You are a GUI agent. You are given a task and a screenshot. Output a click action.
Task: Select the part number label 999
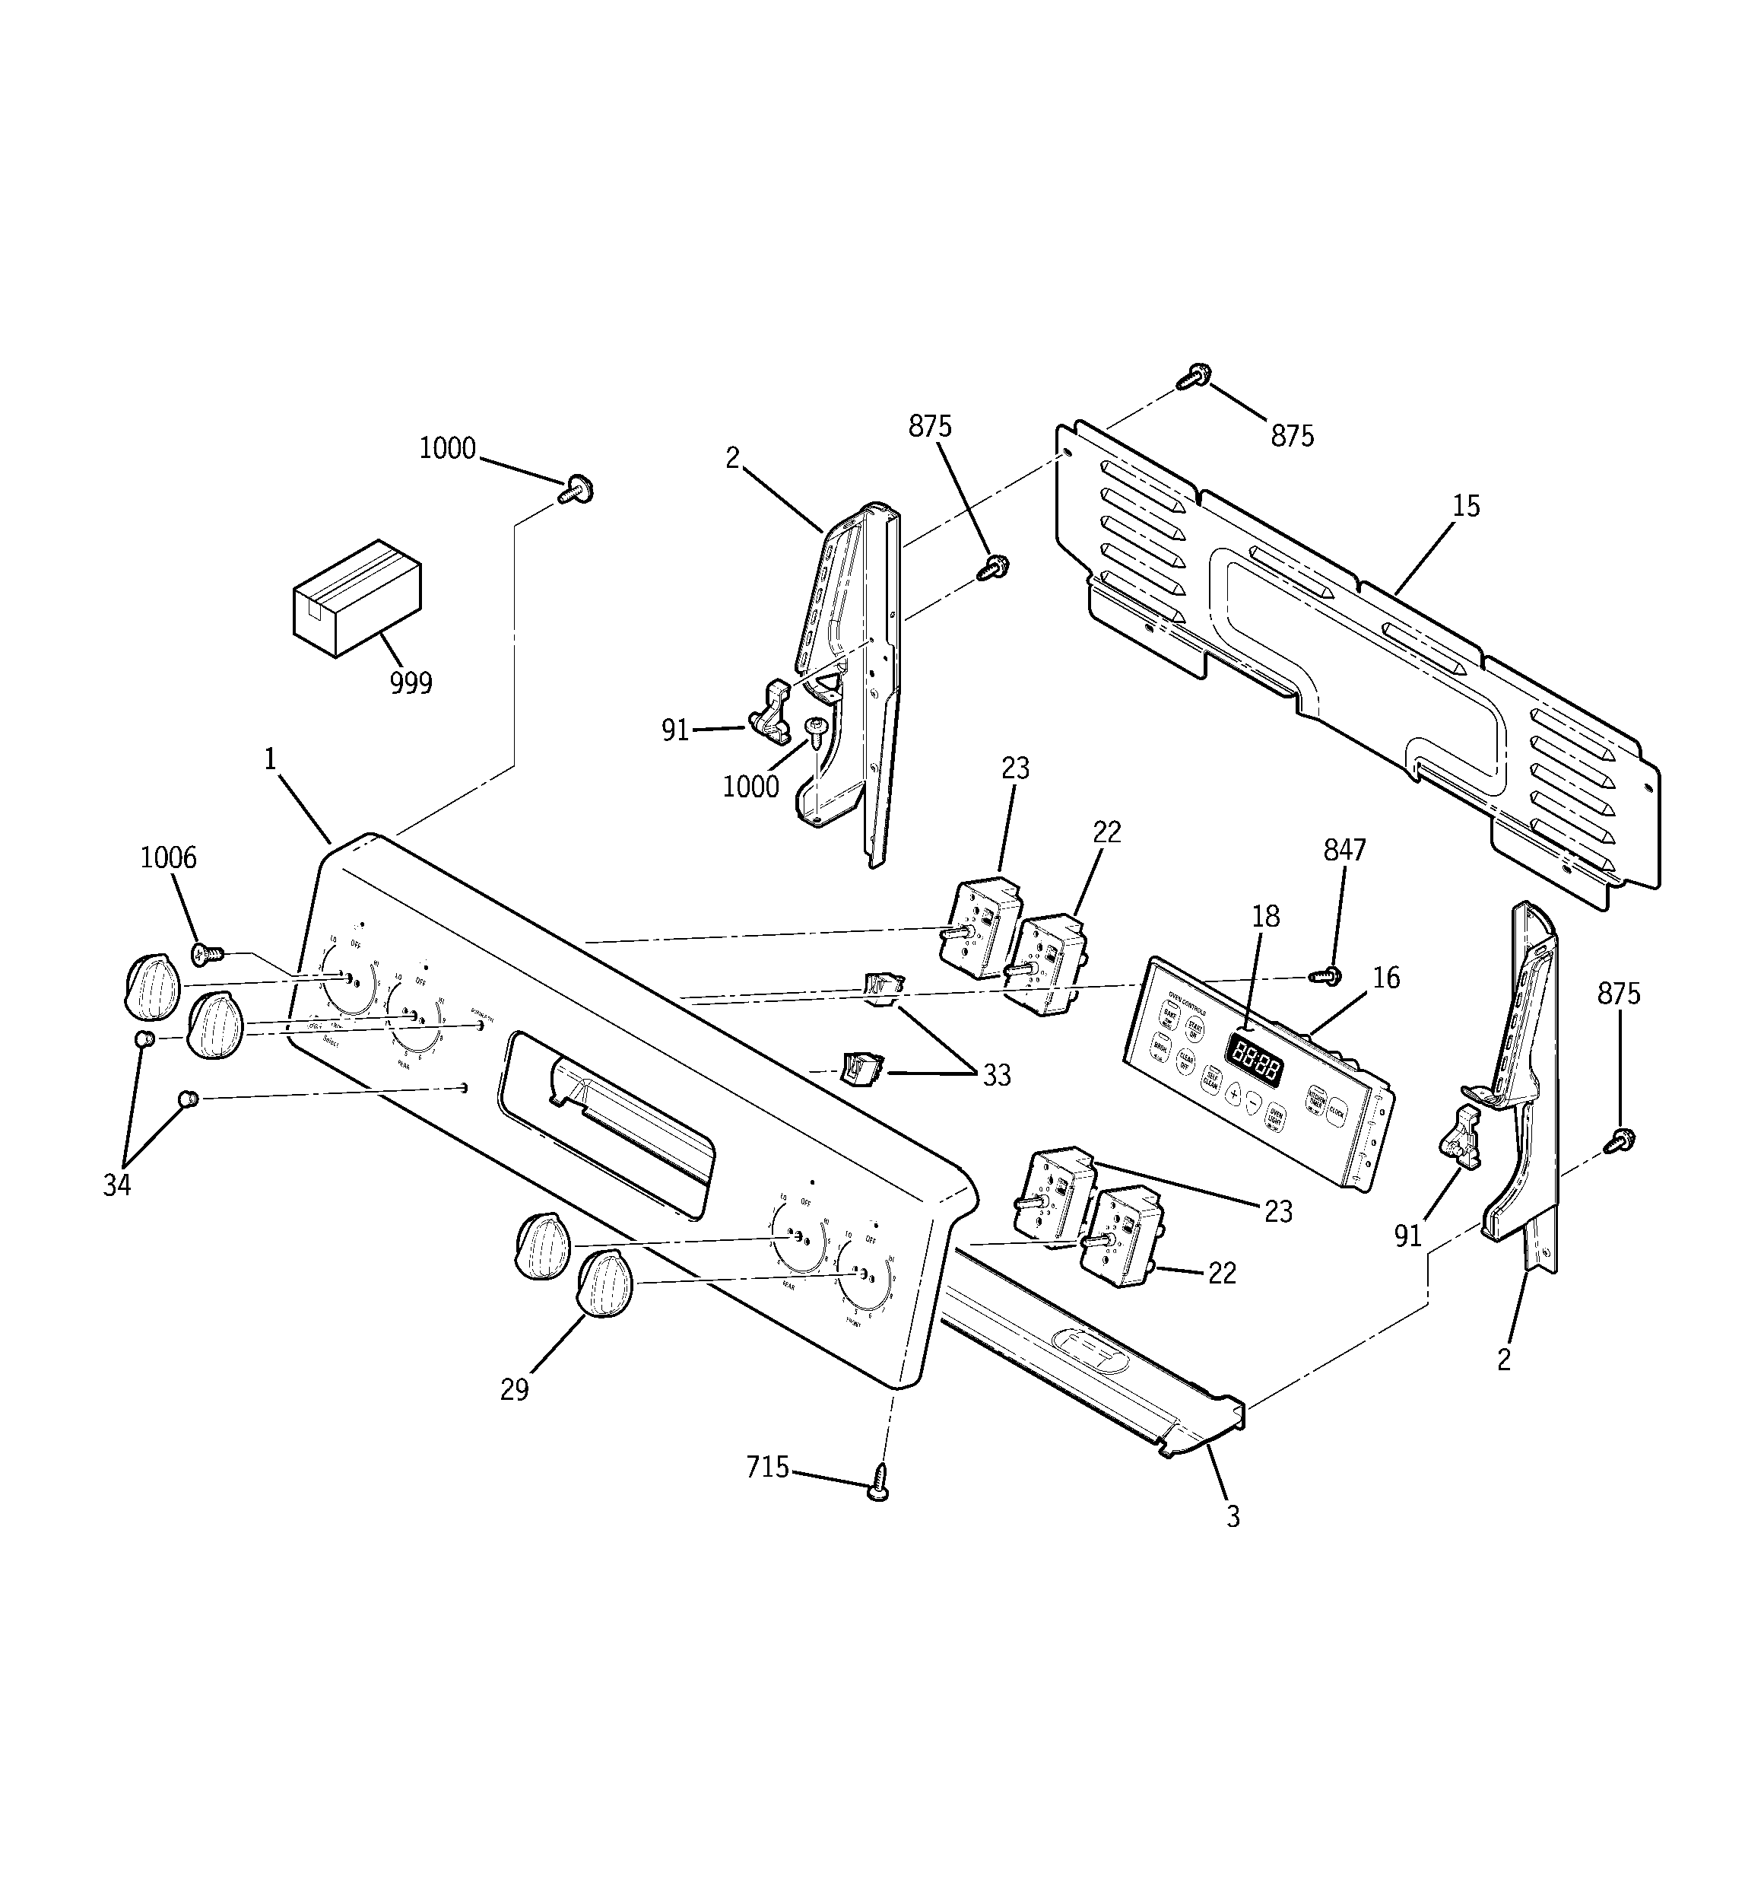(411, 683)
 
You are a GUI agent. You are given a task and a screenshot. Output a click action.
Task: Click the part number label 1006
(169, 858)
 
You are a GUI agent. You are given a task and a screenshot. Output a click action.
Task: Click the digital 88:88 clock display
(1255, 1058)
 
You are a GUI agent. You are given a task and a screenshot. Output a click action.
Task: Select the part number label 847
(1344, 851)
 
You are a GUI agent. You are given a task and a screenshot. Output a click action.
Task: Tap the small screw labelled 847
(1324, 975)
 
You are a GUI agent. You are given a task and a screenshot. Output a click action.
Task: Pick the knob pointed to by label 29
(604, 1283)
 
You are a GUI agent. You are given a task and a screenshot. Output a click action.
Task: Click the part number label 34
(116, 1185)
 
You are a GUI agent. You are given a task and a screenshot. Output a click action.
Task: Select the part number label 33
(996, 1076)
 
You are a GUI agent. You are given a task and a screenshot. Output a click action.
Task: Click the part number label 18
(1266, 916)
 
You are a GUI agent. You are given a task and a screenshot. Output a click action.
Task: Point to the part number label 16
(1386, 978)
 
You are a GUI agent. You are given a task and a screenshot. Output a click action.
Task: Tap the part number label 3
(1233, 1516)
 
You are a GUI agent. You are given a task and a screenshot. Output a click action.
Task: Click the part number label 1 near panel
(270, 759)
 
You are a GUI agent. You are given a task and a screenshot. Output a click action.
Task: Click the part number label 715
(767, 1467)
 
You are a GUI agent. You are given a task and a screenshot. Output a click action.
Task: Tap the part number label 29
(514, 1389)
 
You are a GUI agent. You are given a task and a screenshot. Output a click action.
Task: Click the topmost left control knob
(151, 986)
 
